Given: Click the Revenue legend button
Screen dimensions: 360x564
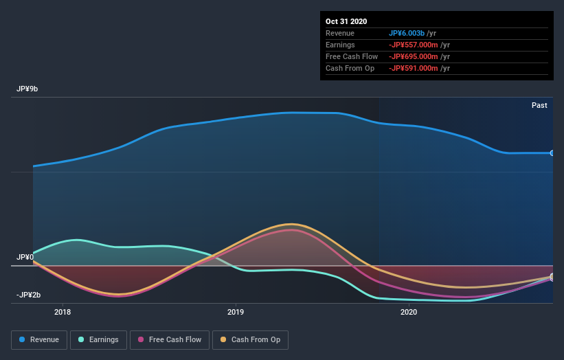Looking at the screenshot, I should (x=39, y=339).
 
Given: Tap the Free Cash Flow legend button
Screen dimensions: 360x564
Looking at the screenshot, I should (x=170, y=339).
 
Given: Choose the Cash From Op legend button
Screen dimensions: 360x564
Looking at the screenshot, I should (x=250, y=339).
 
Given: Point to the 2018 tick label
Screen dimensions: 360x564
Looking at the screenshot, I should (x=63, y=313).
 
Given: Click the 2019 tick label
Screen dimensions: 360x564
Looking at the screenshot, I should (x=236, y=313).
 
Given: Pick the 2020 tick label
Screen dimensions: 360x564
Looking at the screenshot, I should (x=409, y=313).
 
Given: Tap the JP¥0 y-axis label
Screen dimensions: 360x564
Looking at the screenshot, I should (x=25, y=257).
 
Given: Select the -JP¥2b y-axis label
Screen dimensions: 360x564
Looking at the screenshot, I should (x=29, y=295).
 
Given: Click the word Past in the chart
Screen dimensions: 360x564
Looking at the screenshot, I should (x=539, y=105).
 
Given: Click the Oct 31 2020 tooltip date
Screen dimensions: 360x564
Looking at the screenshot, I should (x=347, y=21).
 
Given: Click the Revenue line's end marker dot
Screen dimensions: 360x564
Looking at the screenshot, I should (x=552, y=153).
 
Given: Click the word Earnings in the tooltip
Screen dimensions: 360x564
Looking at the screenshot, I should (x=341, y=45).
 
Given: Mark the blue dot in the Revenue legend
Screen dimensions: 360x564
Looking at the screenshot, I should (x=23, y=339).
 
